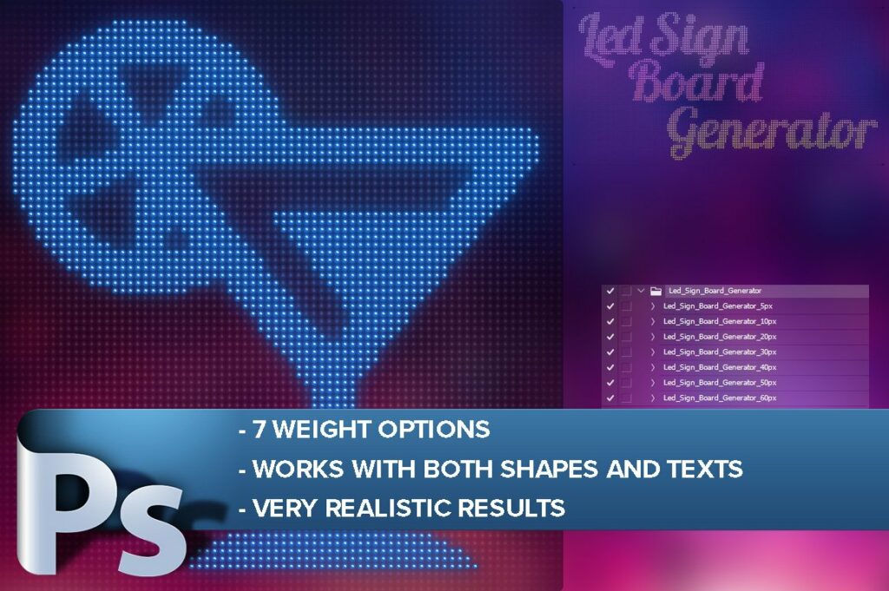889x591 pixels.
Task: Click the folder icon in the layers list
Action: point(655,292)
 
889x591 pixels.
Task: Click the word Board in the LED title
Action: point(696,83)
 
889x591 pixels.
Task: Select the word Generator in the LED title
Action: point(771,132)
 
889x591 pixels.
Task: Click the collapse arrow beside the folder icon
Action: point(641,292)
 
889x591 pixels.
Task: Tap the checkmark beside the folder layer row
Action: point(610,292)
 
